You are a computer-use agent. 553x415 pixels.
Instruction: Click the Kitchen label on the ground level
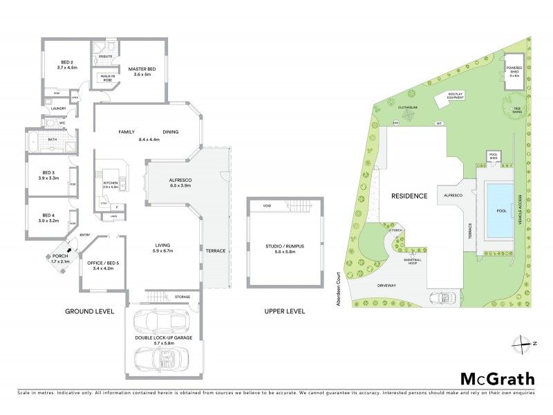[x=111, y=183]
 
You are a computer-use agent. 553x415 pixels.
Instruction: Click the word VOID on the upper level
[x=265, y=206]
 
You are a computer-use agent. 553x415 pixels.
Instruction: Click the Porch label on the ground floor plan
[x=61, y=257]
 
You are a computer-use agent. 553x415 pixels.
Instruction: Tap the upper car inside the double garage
[x=162, y=321]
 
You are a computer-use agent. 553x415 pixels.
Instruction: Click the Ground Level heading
[x=90, y=311]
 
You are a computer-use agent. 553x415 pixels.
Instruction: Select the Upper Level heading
[x=285, y=311]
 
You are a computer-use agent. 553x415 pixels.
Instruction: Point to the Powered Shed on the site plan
[x=513, y=70]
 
